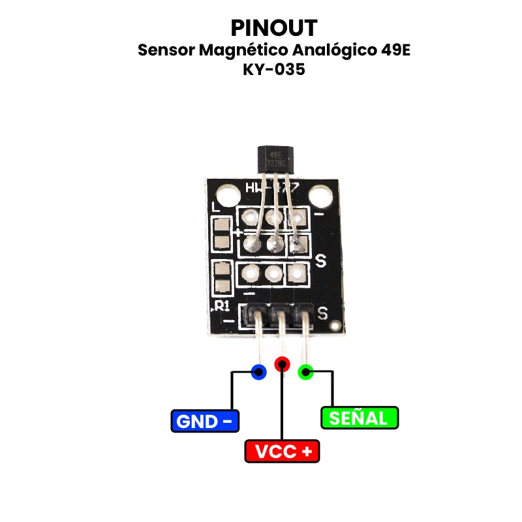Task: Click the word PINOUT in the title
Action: pos(274,28)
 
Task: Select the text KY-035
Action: pos(274,70)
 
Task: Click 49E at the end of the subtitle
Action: pos(394,51)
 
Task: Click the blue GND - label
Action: pos(205,421)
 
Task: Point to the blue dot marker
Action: pos(259,373)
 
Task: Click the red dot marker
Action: pos(282,364)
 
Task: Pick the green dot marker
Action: pos(305,373)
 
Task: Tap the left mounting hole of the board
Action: pos(228,194)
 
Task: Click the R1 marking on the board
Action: pos(223,305)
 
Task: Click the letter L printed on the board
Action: pos(217,207)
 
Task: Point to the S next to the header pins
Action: pos(322,313)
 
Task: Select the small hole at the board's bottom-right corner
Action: pos(335,324)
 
